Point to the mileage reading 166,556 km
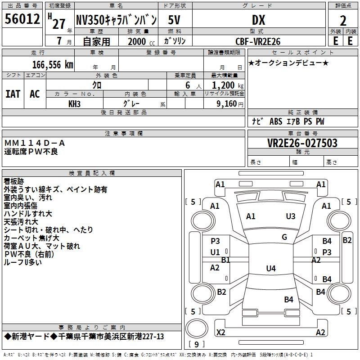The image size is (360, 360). point(53,65)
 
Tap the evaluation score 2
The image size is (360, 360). point(343,20)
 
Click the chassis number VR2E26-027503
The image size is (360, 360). point(302,143)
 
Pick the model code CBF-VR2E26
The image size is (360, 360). point(258,41)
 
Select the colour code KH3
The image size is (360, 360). point(74,104)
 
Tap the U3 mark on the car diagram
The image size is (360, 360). point(291,216)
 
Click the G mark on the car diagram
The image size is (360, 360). point(284,237)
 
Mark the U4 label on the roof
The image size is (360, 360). point(270,269)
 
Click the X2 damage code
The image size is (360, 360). point(221,333)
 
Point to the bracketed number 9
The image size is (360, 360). point(196,345)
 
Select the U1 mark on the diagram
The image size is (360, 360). point(215,252)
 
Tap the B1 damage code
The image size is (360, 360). point(225,260)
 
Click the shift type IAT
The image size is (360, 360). point(13,94)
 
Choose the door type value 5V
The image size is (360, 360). point(175,20)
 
